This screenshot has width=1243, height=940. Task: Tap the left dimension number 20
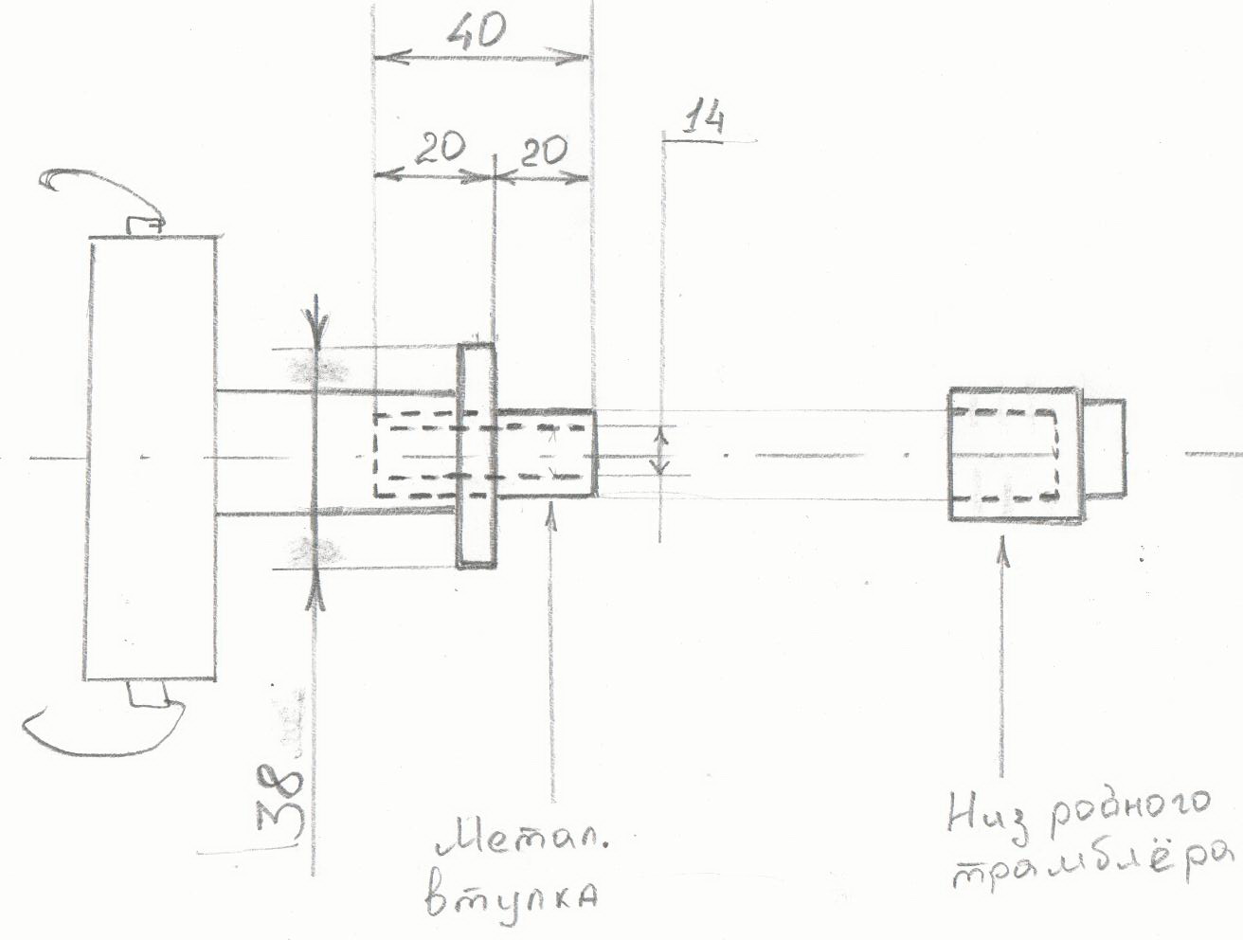click(440, 149)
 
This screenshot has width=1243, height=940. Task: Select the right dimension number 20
click(543, 152)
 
